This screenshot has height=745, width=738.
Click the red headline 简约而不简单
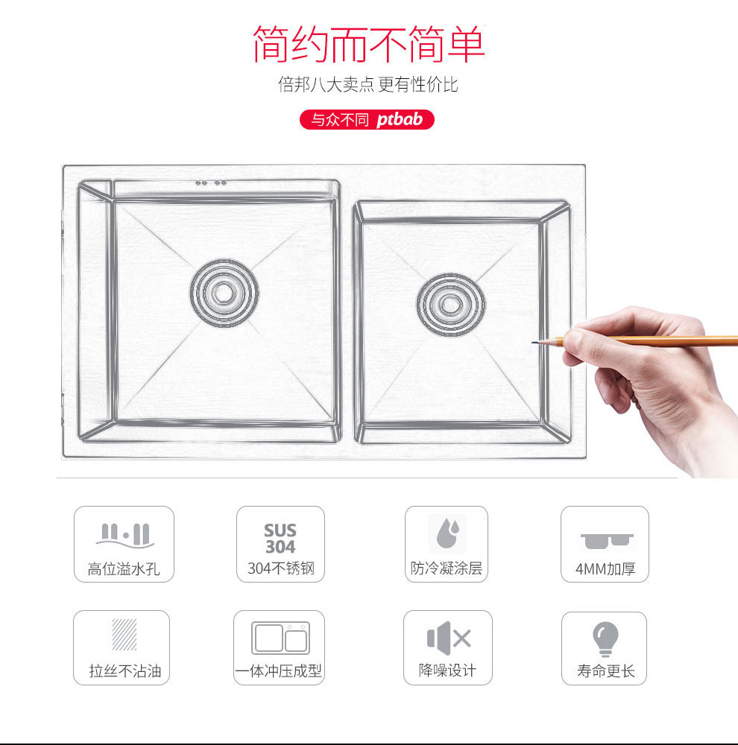click(x=368, y=44)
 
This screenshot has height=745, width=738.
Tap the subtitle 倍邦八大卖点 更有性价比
click(x=368, y=85)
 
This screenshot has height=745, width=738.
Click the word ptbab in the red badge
click(x=400, y=120)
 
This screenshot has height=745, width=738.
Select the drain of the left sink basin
click(x=224, y=293)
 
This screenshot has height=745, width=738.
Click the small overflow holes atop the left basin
click(x=211, y=183)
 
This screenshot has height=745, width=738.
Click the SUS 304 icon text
click(x=280, y=539)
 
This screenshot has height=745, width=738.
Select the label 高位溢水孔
click(x=124, y=568)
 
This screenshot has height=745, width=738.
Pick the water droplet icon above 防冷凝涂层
click(x=447, y=533)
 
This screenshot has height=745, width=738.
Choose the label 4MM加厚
click(x=605, y=568)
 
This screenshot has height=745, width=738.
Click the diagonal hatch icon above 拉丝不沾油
click(x=124, y=634)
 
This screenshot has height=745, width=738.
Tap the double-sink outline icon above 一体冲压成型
click(x=280, y=638)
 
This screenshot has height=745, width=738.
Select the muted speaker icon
click(x=449, y=638)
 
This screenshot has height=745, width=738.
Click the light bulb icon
click(x=605, y=638)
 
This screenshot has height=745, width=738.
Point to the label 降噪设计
click(x=447, y=670)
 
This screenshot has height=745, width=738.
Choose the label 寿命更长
click(x=606, y=671)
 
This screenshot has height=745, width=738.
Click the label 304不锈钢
click(x=281, y=568)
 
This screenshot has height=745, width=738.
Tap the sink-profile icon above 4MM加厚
click(x=607, y=541)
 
